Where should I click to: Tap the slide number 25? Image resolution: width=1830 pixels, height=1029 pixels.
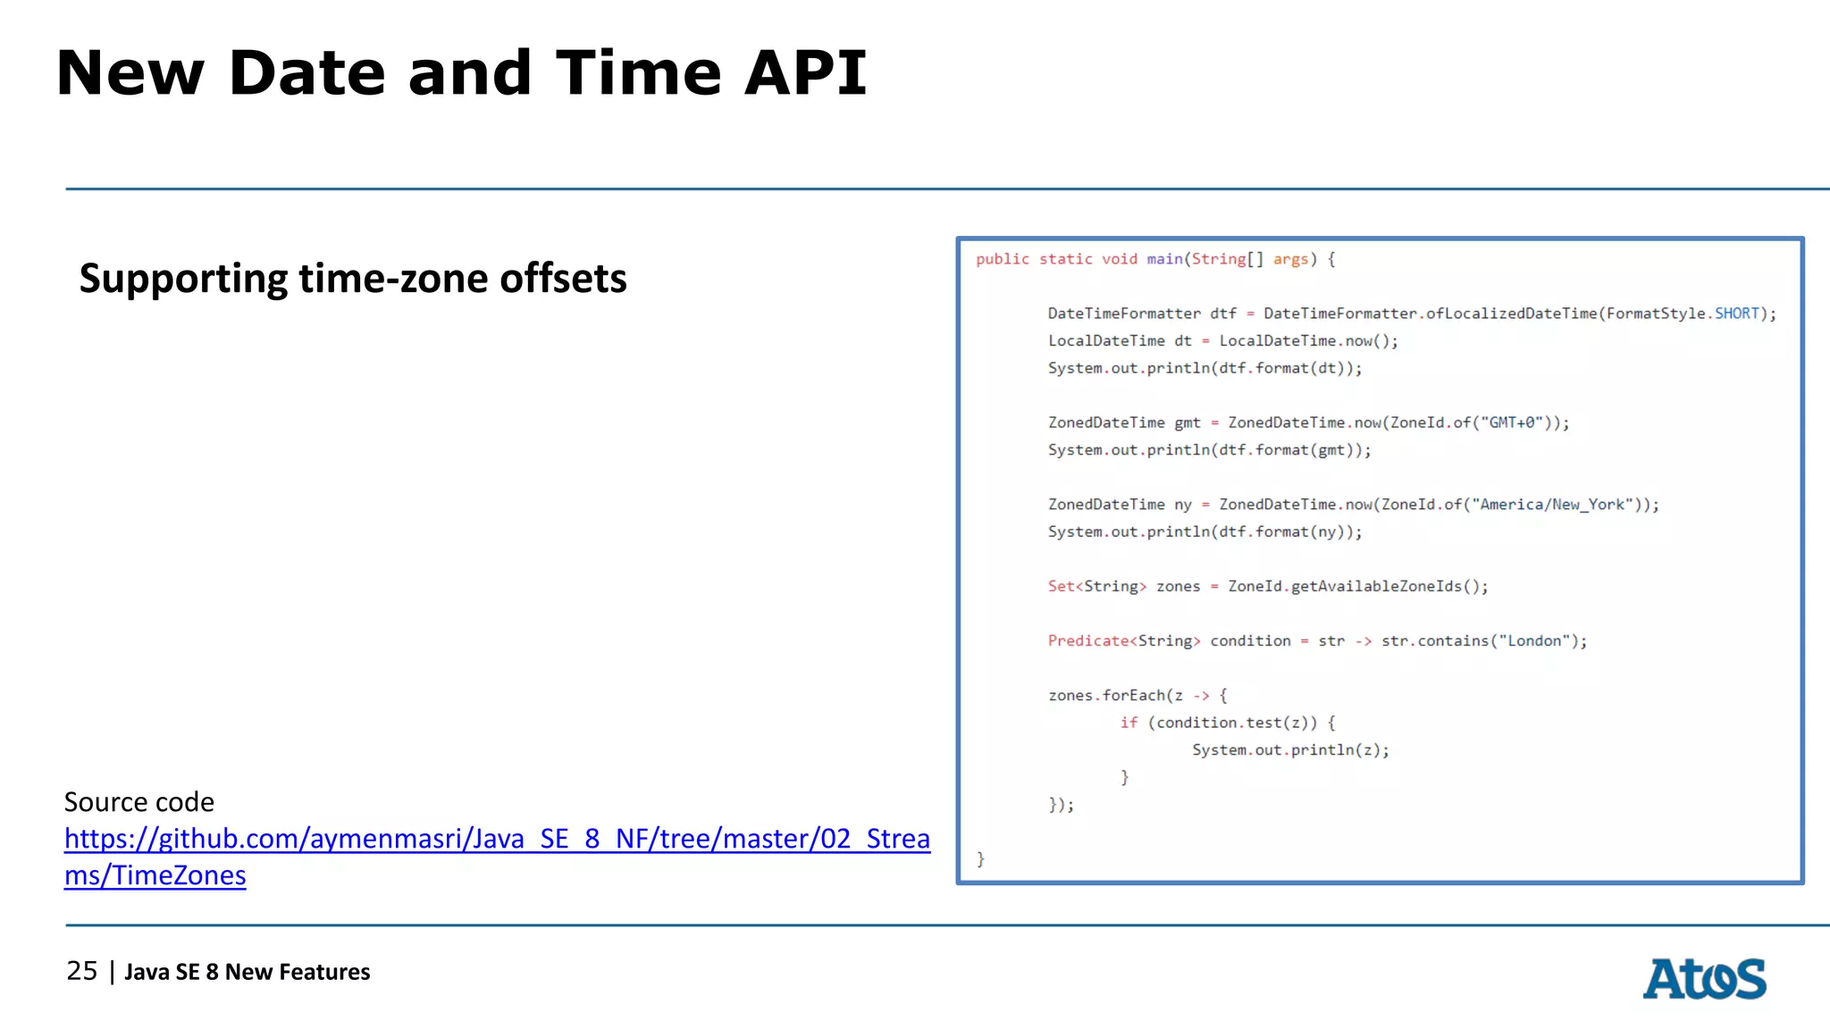(82, 971)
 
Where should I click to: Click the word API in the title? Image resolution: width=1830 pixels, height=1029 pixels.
(805, 73)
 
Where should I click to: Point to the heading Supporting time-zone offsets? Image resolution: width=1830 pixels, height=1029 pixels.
(353, 279)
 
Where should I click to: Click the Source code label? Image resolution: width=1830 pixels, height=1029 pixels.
(139, 802)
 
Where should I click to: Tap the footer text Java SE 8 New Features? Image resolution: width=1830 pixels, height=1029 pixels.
(247, 972)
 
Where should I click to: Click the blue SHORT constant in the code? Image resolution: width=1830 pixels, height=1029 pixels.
(1736, 314)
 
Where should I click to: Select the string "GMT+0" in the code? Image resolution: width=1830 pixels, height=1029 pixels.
(1515, 422)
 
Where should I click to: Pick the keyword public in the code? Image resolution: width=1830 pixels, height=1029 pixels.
(1003, 259)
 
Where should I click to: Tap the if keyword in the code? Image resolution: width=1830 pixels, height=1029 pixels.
(1129, 723)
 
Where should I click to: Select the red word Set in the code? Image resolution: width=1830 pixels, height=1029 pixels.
(1061, 587)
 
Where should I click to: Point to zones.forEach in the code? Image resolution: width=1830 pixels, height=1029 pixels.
(1107, 696)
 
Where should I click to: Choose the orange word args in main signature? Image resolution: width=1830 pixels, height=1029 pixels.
(1290, 259)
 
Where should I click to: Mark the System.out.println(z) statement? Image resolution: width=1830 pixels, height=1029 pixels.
(1290, 750)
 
